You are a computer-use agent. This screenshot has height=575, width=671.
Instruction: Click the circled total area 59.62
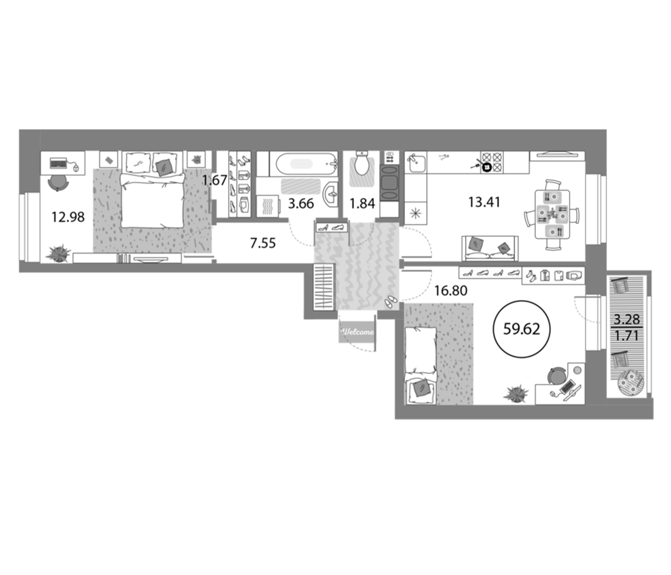[521, 329]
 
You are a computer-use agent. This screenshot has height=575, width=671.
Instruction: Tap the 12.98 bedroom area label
[68, 217]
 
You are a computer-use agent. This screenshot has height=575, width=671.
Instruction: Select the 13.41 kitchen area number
[484, 202]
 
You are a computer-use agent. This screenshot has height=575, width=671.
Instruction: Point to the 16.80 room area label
[451, 291]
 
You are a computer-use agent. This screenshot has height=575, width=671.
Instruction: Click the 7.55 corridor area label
[263, 243]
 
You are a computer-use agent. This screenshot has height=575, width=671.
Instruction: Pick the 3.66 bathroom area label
[301, 204]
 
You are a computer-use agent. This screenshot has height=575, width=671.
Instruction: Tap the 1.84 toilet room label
[362, 204]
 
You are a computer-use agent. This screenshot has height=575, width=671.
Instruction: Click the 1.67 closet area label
[214, 180]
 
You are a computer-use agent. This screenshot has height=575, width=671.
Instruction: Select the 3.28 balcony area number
[627, 319]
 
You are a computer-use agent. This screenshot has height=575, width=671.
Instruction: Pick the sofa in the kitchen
[490, 249]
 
